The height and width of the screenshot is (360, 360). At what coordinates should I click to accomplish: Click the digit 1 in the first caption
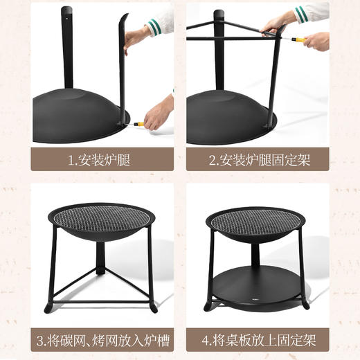[70, 161]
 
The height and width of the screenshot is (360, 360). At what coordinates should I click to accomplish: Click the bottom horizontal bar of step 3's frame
[100, 302]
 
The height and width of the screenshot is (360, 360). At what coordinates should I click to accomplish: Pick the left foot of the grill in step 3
[48, 306]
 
